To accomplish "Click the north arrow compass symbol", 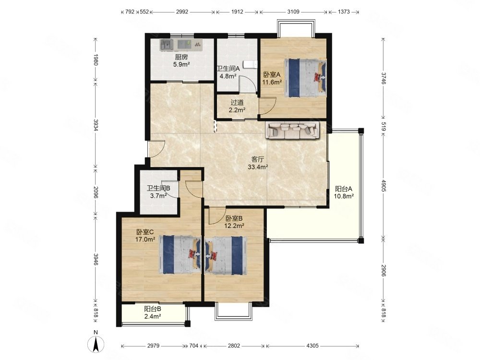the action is [x=96, y=344].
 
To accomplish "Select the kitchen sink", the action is [x=167, y=45].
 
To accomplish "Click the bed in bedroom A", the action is [x=305, y=78].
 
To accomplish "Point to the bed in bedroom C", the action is [x=180, y=255].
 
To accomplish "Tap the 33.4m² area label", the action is [x=258, y=167].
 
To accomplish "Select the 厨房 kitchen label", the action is [x=181, y=57].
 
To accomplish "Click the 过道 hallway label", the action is [x=237, y=102].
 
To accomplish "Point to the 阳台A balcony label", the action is [x=344, y=189].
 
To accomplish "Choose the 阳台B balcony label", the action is [x=153, y=309].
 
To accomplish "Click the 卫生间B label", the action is [x=158, y=188].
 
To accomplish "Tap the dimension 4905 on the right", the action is [x=384, y=186].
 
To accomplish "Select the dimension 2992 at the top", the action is [x=182, y=12].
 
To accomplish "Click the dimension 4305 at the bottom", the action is [x=312, y=346].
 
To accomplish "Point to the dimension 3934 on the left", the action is [x=96, y=125].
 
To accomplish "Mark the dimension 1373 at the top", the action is [x=344, y=12].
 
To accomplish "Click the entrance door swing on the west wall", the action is [x=156, y=149].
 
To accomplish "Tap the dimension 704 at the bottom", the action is [x=194, y=346].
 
